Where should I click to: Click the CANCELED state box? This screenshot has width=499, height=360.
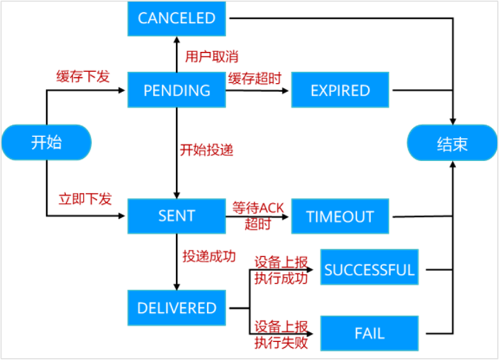pyautogui.click(x=177, y=18)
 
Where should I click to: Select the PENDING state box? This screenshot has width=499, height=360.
pyautogui.click(x=177, y=90)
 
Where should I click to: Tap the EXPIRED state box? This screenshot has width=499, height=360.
pyautogui.click(x=340, y=90)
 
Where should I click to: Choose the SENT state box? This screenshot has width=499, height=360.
pyautogui.click(x=177, y=216)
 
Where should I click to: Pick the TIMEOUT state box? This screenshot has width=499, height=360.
pyautogui.click(x=340, y=216)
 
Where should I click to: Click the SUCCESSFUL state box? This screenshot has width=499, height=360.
pyautogui.click(x=370, y=270)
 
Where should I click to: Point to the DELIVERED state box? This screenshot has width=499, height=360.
pyautogui.click(x=177, y=308)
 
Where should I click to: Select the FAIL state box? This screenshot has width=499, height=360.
pyautogui.click(x=370, y=333)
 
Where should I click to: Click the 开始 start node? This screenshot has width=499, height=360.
pyautogui.click(x=46, y=143)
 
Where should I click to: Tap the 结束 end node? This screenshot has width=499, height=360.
pyautogui.click(x=452, y=144)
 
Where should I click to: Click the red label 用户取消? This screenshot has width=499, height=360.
pyautogui.click(x=212, y=57)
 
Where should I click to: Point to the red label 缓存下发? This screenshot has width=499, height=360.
pyautogui.click(x=83, y=77)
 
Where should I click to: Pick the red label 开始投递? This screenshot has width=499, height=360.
pyautogui.click(x=206, y=150)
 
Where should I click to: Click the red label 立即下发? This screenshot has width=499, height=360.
pyautogui.click(x=85, y=199)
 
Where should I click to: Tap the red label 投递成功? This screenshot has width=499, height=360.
pyautogui.click(x=209, y=256)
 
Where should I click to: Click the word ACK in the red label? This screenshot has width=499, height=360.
pyautogui.click(x=271, y=208)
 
